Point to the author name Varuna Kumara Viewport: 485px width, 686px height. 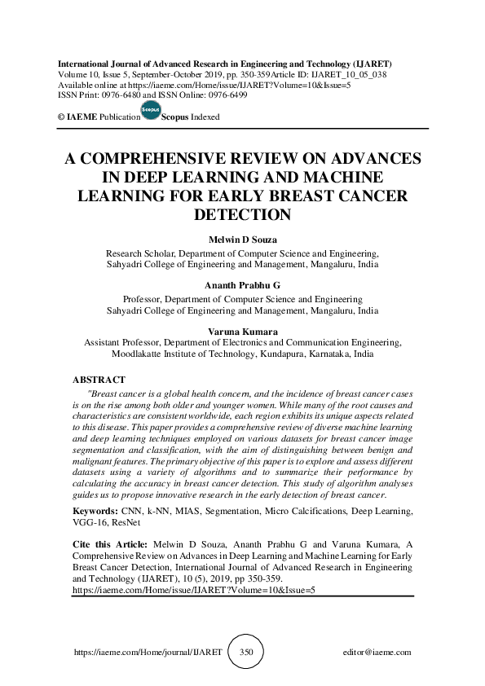pyautogui.click(x=243, y=332)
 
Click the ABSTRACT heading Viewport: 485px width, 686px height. pyautogui.click(x=99, y=380)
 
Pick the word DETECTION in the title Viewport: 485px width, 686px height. pyautogui.click(x=243, y=215)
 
